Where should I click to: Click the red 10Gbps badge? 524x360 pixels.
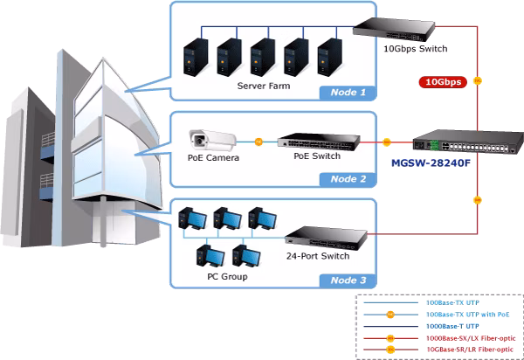click(x=443, y=82)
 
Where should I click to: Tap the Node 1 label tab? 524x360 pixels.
click(x=348, y=93)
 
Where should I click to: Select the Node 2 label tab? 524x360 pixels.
click(x=348, y=179)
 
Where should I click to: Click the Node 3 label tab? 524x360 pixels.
click(x=348, y=280)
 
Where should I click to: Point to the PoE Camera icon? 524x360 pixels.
click(x=212, y=140)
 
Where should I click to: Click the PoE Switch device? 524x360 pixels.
click(x=319, y=142)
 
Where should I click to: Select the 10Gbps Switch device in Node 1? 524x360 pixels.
click(x=394, y=30)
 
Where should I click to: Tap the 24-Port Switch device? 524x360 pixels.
click(x=326, y=238)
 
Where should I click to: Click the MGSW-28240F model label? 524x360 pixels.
click(x=431, y=163)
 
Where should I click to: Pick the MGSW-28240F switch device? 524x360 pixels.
click(x=468, y=142)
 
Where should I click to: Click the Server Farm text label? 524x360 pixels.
click(x=264, y=86)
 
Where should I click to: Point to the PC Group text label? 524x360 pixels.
click(x=227, y=277)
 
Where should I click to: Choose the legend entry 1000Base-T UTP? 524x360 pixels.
click(x=452, y=326)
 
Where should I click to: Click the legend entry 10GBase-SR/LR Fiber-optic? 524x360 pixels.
click(x=470, y=350)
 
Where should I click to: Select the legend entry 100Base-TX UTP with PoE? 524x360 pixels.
click(x=468, y=315)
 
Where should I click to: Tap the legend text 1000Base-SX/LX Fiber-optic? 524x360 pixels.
click(x=471, y=338)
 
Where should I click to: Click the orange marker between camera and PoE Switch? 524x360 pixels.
click(x=259, y=142)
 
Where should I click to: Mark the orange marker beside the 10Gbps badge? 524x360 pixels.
click(x=478, y=80)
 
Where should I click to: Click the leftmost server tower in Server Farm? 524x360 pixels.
click(x=196, y=57)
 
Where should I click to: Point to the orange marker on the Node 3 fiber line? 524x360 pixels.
click(x=478, y=200)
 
